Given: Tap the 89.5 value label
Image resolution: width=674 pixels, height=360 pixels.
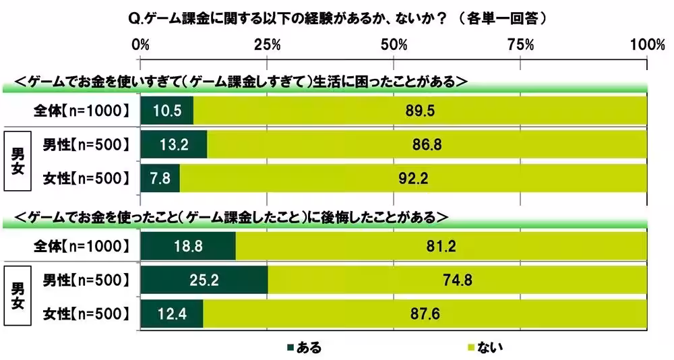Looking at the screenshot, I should [x=418, y=110].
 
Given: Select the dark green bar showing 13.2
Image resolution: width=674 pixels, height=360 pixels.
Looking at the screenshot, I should [x=173, y=144].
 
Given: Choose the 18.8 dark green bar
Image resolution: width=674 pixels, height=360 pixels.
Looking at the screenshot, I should [x=187, y=246].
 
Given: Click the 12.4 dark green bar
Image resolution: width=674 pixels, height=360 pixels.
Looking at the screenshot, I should [x=171, y=313].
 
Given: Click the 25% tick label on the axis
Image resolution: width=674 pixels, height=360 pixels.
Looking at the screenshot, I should [x=267, y=44].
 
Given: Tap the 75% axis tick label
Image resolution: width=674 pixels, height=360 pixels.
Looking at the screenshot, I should [x=520, y=44].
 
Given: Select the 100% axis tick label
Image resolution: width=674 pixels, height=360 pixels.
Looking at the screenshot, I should [x=646, y=44].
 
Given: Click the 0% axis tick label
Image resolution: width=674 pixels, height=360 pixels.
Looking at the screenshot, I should [x=140, y=44].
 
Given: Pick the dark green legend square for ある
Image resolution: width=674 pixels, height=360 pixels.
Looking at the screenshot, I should [x=290, y=348].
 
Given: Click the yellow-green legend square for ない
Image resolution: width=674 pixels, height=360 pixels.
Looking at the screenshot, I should [x=470, y=348].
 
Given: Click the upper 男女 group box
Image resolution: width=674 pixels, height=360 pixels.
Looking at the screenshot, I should [x=18, y=160].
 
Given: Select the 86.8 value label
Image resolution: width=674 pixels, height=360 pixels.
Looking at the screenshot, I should [x=426, y=144].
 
